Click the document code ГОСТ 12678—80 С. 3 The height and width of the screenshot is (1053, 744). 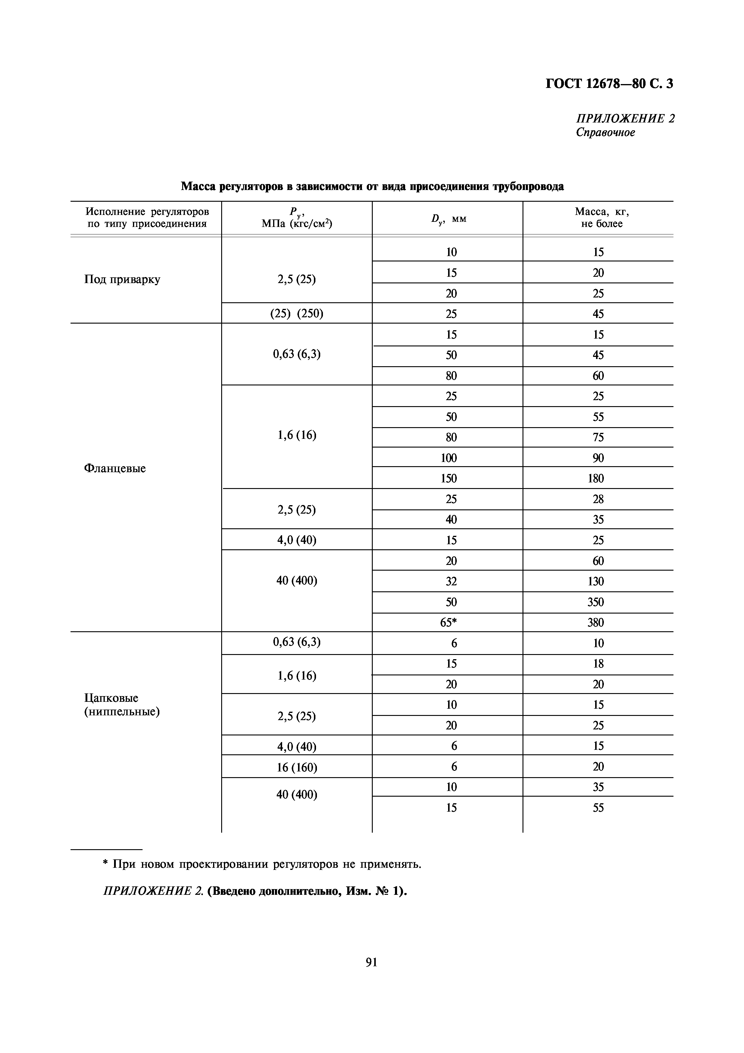click(x=609, y=84)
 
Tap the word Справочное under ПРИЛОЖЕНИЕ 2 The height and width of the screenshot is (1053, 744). click(x=605, y=133)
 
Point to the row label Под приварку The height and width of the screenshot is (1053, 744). click(x=122, y=279)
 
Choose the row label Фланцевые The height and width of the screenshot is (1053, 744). click(x=115, y=468)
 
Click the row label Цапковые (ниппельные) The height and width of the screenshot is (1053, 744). click(x=122, y=705)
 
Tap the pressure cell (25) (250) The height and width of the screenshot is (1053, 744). click(x=297, y=314)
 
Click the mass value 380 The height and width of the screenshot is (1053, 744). click(x=595, y=622)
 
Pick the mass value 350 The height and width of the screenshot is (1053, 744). click(x=595, y=602)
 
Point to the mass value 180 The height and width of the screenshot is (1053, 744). click(x=595, y=478)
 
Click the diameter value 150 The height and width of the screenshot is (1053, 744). click(x=448, y=478)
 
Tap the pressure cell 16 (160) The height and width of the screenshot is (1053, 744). click(x=297, y=767)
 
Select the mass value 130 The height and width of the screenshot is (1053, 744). click(x=595, y=581)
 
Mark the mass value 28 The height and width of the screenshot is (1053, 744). click(x=598, y=499)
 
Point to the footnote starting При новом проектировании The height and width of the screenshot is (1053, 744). click(x=261, y=864)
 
